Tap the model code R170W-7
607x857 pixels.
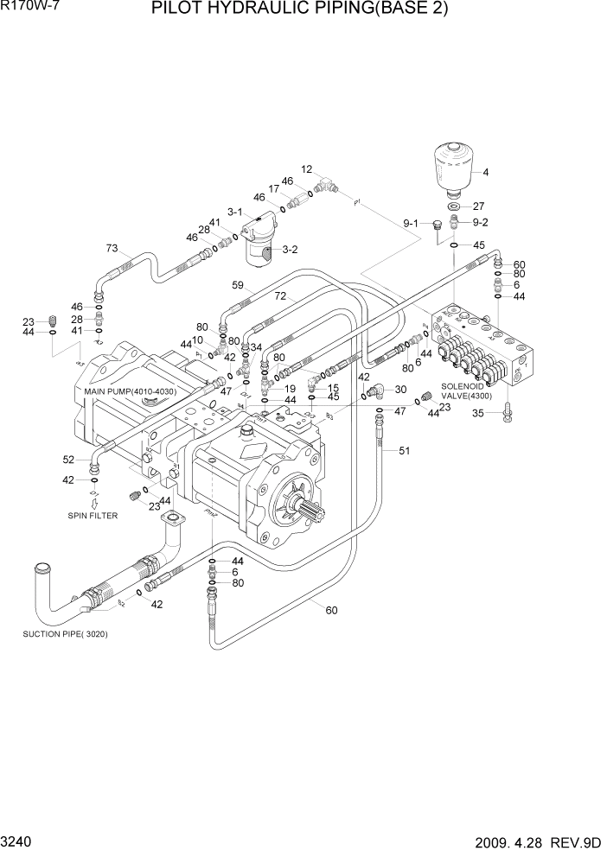tap(26, 8)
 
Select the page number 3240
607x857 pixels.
tap(18, 842)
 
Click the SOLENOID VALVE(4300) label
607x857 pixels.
tap(466, 391)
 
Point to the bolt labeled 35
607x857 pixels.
tap(508, 416)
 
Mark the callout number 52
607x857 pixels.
tap(68, 459)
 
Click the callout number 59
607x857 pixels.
tap(238, 284)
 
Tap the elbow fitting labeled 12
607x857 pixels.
tap(327, 183)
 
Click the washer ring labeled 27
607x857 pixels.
tap(455, 206)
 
